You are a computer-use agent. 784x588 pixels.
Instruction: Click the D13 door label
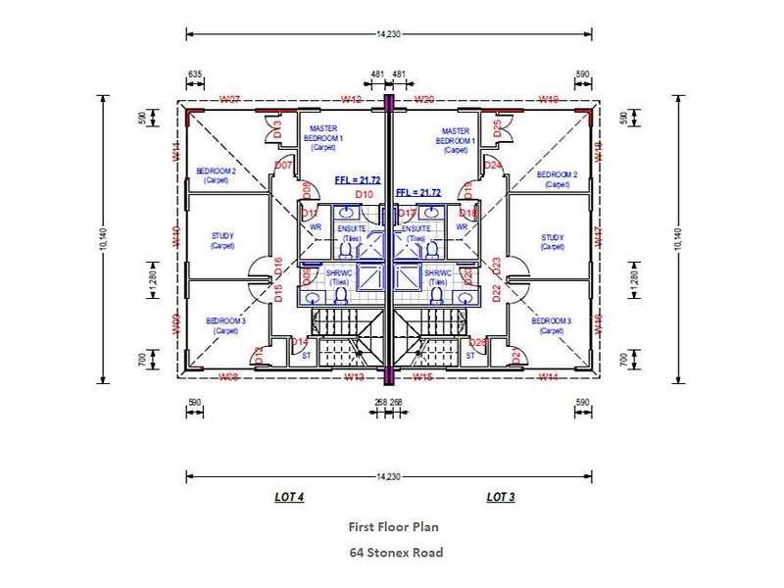click(x=277, y=127)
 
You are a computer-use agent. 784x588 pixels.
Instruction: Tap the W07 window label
click(x=230, y=99)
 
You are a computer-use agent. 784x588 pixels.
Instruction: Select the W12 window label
click(x=351, y=99)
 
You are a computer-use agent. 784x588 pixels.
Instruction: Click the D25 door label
click(x=498, y=127)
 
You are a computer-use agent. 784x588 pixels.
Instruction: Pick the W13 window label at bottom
click(x=354, y=376)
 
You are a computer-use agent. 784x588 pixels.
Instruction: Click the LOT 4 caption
click(x=289, y=498)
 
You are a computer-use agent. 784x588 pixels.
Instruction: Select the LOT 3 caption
click(x=500, y=498)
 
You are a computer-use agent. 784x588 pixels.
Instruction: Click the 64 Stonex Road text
click(x=396, y=552)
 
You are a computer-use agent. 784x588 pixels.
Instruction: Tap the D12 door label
click(x=259, y=356)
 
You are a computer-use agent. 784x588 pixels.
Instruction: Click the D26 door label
click(x=478, y=341)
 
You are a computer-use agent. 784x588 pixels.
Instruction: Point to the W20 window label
click(x=424, y=99)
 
